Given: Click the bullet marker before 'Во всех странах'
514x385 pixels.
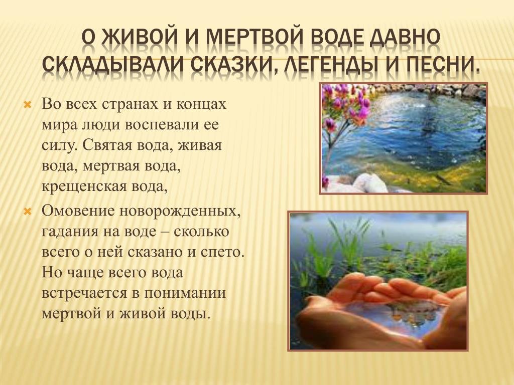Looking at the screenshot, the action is tap(28, 105).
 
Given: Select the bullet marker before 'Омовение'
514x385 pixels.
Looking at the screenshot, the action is tap(28, 212).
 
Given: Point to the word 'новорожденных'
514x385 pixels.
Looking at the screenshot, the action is tap(180, 212).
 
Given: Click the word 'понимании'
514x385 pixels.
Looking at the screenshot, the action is tap(185, 293).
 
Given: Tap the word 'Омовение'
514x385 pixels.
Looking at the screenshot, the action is tap(78, 211).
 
